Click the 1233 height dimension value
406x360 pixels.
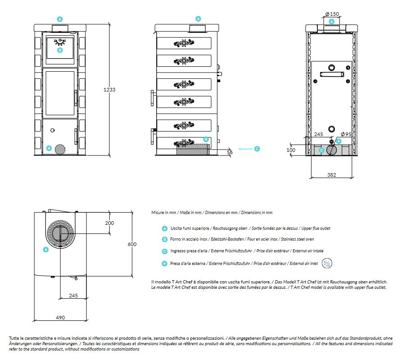pyautogui.click(x=110, y=90)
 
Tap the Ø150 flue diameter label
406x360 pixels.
pyautogui.click(x=333, y=14)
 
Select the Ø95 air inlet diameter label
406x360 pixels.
pyautogui.click(x=346, y=134)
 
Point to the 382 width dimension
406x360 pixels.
pyautogui.click(x=331, y=174)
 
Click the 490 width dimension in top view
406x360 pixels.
pyautogui.click(x=60, y=317)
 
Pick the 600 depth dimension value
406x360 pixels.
pyautogui.click(x=132, y=244)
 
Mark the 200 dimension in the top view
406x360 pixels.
pyautogui.click(x=109, y=223)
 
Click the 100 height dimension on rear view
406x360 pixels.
pyautogui.click(x=291, y=150)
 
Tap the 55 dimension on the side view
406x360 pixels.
pyautogui.click(x=230, y=153)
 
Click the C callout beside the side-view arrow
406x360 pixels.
pyautogui.click(x=257, y=149)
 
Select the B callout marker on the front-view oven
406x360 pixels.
pyautogui.click(x=60, y=50)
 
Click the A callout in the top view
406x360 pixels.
pyautogui.click(x=45, y=249)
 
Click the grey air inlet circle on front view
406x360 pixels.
pyautogui.click(x=59, y=149)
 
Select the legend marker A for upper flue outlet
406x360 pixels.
pyautogui.click(x=165, y=228)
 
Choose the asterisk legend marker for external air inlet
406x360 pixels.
pyautogui.click(x=165, y=263)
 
